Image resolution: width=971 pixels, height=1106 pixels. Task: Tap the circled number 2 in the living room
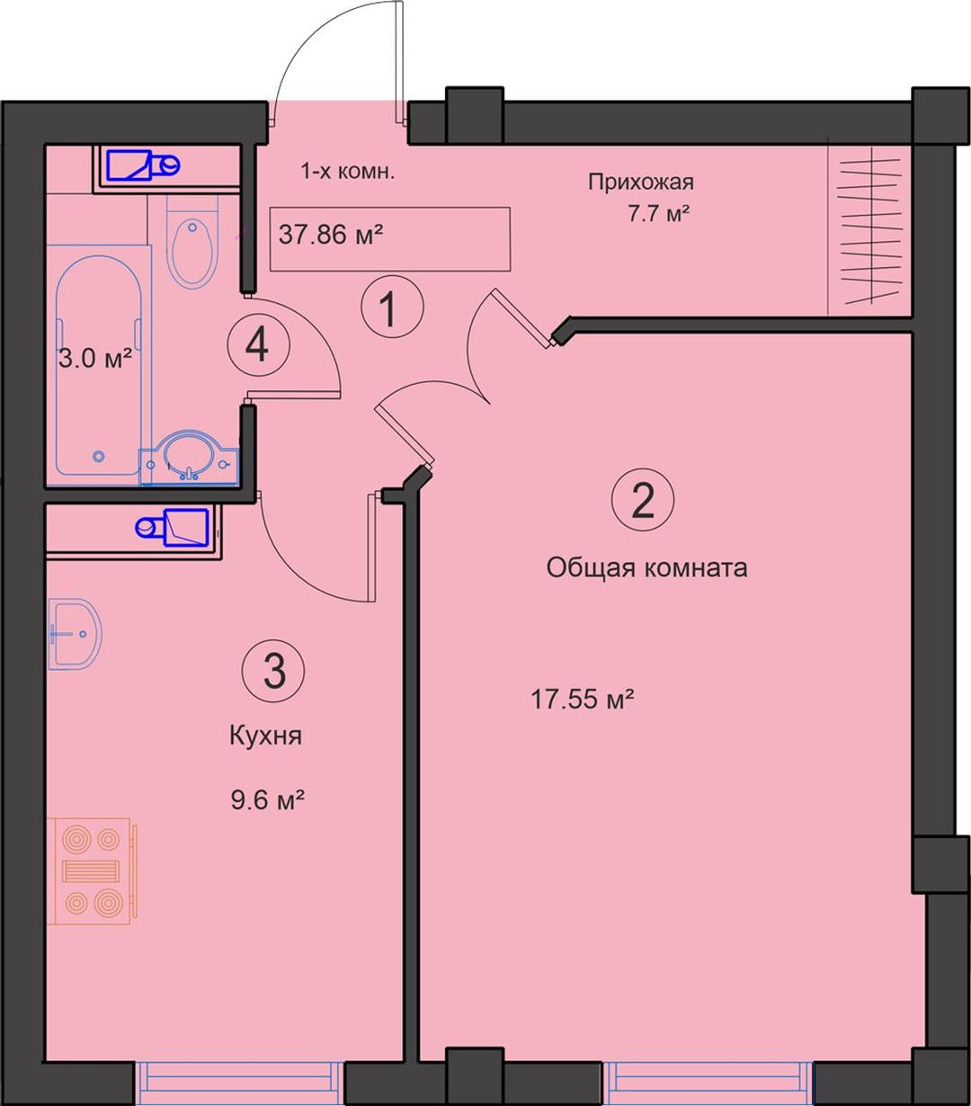coord(643,500)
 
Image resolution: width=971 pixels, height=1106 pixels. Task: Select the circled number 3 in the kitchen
coord(273,671)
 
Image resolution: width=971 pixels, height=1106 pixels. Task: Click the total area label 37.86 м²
coord(331,235)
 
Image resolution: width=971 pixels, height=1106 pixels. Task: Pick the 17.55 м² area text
coord(583,699)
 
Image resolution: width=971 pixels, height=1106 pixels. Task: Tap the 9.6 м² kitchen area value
coord(267,800)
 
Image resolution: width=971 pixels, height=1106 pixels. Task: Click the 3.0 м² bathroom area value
coord(95,358)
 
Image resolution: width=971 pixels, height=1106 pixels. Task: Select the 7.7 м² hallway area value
coord(658,213)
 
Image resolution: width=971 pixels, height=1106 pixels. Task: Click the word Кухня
coord(265,736)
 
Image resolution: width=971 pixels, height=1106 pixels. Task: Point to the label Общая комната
coord(646,567)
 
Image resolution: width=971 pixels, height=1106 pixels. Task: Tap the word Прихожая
coord(641,182)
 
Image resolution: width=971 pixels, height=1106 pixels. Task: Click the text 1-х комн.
coord(347,172)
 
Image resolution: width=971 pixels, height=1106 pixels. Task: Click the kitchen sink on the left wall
coord(75,633)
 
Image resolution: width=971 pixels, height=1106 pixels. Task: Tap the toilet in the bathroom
coord(192,242)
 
